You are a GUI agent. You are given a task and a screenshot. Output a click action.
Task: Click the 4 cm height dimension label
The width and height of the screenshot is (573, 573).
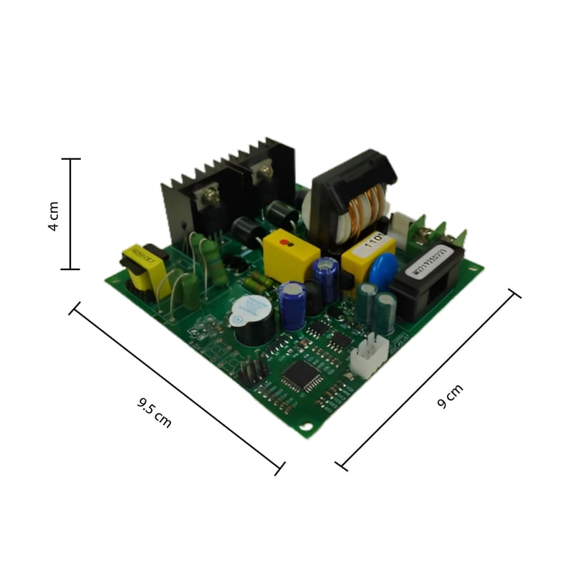(53, 215)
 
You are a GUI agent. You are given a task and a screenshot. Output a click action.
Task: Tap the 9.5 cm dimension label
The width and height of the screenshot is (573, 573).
(154, 413)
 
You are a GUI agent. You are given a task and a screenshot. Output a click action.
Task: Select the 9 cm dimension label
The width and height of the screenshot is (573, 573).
(451, 396)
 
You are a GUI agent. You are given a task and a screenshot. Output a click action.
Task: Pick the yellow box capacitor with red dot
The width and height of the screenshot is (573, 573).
(290, 251)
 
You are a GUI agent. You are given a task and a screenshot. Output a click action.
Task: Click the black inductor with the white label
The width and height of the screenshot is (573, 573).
(425, 275)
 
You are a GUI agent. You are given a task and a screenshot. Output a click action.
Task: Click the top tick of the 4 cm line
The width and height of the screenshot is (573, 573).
(70, 159)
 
